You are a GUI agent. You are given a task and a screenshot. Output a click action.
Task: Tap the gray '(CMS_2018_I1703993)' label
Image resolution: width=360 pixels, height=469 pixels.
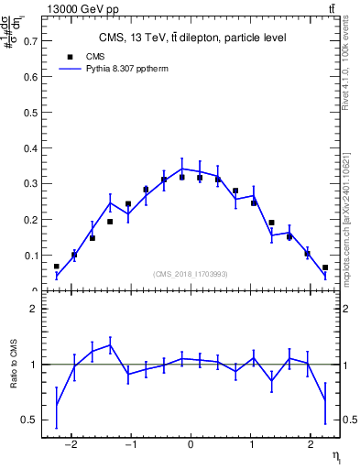[x=191, y=274]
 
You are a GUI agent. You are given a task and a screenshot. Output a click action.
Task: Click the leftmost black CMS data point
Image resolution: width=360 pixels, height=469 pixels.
[x=57, y=267]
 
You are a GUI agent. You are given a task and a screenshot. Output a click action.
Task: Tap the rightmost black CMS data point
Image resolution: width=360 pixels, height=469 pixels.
[x=325, y=267]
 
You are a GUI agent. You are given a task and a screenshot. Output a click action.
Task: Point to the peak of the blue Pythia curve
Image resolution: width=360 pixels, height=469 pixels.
[x=182, y=169]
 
